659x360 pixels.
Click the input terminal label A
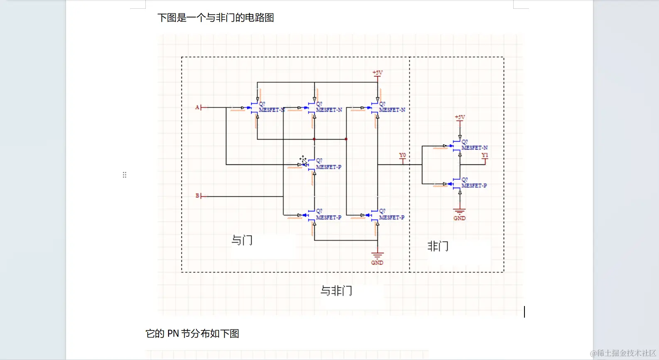[197, 107]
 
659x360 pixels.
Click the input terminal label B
[197, 196]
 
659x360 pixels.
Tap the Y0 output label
[402, 155]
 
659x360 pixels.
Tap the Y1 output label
[485, 155]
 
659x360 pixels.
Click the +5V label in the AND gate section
[377, 73]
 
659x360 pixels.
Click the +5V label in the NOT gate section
[460, 117]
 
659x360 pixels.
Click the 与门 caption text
[242, 240]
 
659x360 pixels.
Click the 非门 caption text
[438, 246]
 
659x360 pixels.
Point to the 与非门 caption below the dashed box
[336, 291]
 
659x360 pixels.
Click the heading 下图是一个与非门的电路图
[216, 18]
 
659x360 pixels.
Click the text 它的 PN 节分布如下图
[192, 333]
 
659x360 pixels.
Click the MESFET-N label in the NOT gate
[474, 147]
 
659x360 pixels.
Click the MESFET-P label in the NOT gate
[474, 186]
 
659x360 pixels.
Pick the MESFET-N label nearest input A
[271, 110]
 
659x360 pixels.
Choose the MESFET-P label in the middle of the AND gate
[328, 167]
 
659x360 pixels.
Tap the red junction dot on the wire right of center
[346, 139]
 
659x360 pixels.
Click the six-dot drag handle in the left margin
[125, 175]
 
